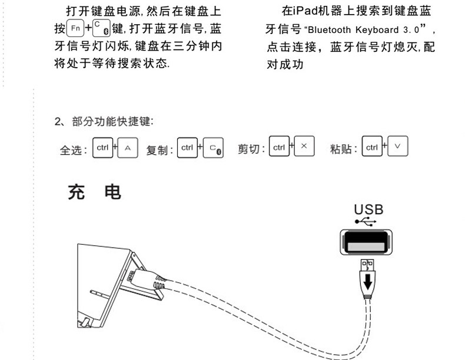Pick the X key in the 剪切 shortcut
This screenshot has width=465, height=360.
pos(304,147)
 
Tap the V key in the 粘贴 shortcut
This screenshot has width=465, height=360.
pos(397,147)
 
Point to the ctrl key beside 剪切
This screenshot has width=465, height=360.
pos(278,147)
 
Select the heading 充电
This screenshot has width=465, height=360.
pos(95,192)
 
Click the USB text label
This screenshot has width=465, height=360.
pos(368,209)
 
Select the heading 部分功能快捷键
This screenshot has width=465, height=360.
pos(112,122)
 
